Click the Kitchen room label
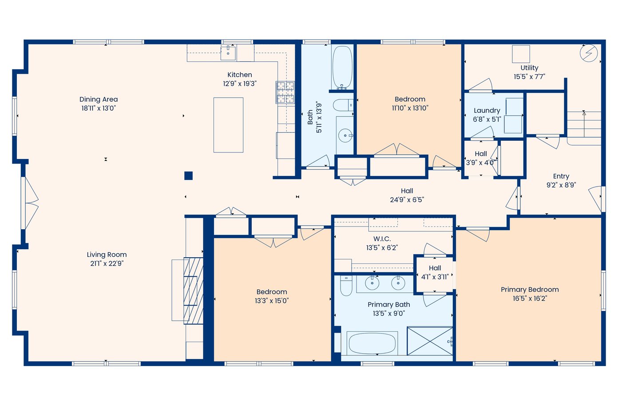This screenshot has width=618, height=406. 239,75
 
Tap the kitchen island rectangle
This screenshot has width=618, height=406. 228,125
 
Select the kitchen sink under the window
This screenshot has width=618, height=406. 228,53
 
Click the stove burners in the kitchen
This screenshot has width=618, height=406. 285,92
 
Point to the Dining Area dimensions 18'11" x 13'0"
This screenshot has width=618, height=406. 99,108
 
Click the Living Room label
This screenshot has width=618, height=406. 107,255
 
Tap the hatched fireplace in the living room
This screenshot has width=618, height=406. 193,291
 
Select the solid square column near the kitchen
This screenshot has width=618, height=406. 188,175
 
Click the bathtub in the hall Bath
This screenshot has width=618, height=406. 342,67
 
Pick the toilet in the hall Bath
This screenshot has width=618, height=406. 343,105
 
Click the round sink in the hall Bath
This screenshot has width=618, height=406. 345,135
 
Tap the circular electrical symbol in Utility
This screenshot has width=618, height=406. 589,53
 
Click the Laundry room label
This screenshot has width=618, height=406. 487,111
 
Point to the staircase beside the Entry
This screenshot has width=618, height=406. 584,128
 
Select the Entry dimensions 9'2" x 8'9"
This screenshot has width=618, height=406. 561,185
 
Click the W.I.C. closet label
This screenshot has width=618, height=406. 382,239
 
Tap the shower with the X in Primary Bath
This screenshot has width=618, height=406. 430,341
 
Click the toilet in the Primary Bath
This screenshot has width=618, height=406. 346,285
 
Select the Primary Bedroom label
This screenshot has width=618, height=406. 530,290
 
